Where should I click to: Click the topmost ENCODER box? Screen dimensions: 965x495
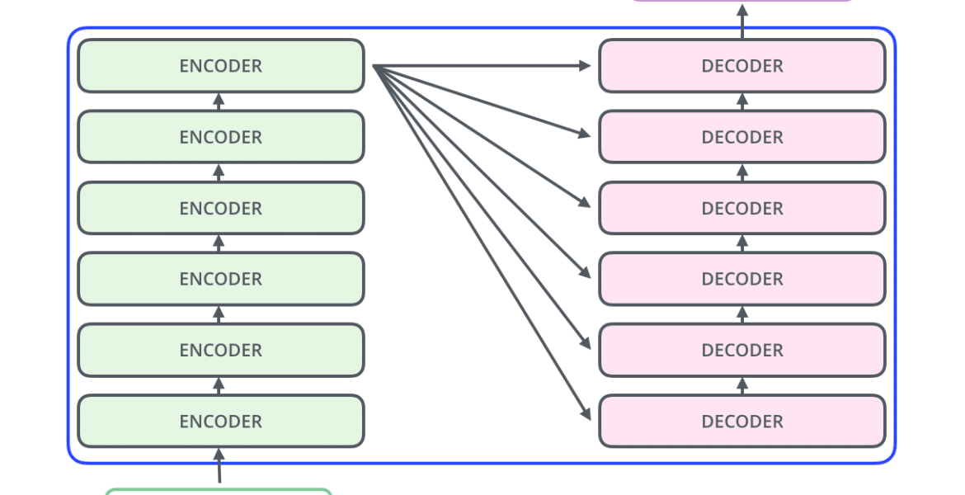click(x=221, y=66)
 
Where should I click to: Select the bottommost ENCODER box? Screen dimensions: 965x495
click(x=221, y=421)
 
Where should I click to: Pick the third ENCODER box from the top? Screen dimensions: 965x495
click(x=221, y=208)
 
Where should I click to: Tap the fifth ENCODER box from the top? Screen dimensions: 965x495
click(x=221, y=350)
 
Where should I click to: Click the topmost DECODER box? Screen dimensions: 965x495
click(x=742, y=66)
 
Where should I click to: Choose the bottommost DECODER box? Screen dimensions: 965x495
click(x=742, y=421)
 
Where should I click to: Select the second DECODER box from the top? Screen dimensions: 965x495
click(x=742, y=137)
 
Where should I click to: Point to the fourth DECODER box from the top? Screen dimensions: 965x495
click(x=742, y=279)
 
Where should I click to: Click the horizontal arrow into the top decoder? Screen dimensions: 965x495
click(x=482, y=65)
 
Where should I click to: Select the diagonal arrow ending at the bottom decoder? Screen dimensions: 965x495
click(x=482, y=243)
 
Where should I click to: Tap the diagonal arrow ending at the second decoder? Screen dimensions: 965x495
click(x=482, y=101)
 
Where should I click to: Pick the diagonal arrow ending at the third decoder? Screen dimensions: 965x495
click(x=482, y=136)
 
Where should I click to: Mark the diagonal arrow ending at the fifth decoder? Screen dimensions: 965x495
click(x=482, y=207)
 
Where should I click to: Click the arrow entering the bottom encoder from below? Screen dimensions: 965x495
click(x=219, y=465)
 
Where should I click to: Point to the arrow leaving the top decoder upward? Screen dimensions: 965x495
click(x=742, y=21)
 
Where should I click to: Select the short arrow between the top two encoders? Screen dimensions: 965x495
click(x=219, y=101)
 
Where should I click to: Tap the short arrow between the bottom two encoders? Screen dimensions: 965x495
click(x=219, y=386)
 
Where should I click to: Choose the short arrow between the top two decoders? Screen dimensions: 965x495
click(x=742, y=101)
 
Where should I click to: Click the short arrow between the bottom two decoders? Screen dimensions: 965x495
click(x=742, y=386)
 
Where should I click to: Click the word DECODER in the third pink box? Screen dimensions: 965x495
click(x=742, y=208)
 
